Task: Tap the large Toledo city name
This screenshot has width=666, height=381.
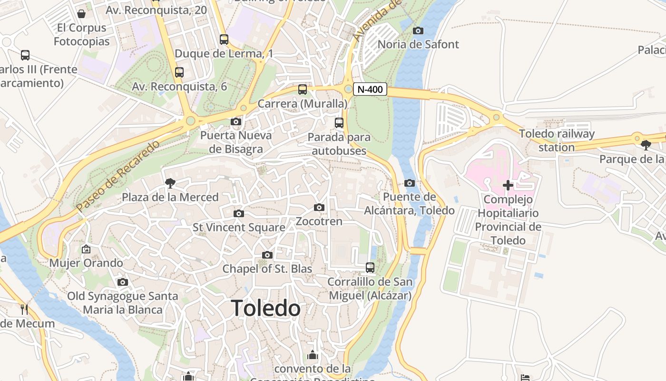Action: (x=266, y=309)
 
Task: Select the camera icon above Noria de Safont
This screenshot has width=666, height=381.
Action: (x=418, y=31)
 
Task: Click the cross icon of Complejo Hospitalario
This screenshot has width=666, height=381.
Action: (x=508, y=185)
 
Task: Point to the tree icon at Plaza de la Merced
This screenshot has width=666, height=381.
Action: (x=170, y=183)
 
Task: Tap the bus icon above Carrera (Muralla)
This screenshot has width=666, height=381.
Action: (x=303, y=90)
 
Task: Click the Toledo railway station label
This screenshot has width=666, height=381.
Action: (x=557, y=140)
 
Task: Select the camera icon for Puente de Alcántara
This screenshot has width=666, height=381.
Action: (x=410, y=183)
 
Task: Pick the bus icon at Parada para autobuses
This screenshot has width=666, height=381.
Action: (x=339, y=123)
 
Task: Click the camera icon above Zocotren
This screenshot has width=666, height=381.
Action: (x=319, y=207)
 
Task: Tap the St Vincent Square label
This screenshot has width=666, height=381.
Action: (x=239, y=228)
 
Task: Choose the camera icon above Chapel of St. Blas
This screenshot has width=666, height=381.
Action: (x=267, y=255)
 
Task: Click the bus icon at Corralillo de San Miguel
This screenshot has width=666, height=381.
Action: (x=370, y=268)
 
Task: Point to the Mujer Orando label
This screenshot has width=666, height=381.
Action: (x=86, y=263)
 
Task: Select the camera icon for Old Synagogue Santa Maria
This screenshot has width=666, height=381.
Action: (x=123, y=282)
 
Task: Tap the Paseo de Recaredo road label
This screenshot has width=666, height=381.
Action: (x=117, y=177)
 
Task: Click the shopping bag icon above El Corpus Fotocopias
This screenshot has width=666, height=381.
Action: (x=81, y=14)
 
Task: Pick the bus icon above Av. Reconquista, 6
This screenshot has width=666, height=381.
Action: (x=179, y=72)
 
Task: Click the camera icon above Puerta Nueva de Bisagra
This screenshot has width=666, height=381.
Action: (x=235, y=121)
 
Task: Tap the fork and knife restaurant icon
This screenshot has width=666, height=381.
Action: (x=24, y=310)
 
